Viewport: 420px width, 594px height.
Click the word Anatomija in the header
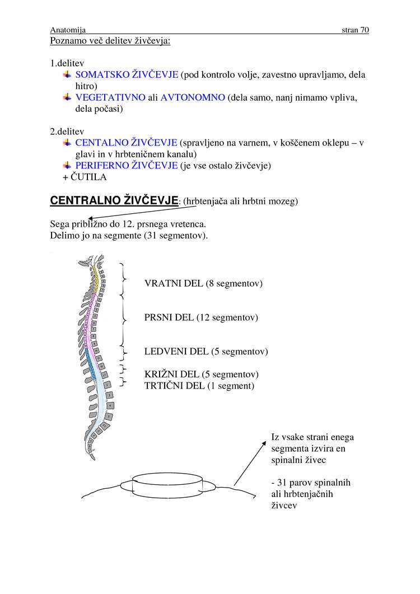pos(67,30)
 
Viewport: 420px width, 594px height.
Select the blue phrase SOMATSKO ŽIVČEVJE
pos(127,74)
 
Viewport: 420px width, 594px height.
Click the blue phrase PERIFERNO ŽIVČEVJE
pos(127,165)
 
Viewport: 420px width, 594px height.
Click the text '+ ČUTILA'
pos(85,177)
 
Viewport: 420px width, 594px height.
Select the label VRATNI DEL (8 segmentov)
pos(203,283)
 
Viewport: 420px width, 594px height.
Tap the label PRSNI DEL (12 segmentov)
pos(201,317)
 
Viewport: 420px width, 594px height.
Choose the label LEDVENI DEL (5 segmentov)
pos(206,352)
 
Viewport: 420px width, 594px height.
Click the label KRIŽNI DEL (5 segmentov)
pos(201,375)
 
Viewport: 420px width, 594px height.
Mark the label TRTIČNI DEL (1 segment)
pos(199,386)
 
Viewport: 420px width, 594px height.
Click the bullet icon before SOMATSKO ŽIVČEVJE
pos(67,74)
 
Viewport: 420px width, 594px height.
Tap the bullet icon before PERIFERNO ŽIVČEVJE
pos(67,165)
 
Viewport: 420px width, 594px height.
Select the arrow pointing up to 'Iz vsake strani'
pos(249,463)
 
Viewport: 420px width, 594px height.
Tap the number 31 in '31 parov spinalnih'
pos(282,483)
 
